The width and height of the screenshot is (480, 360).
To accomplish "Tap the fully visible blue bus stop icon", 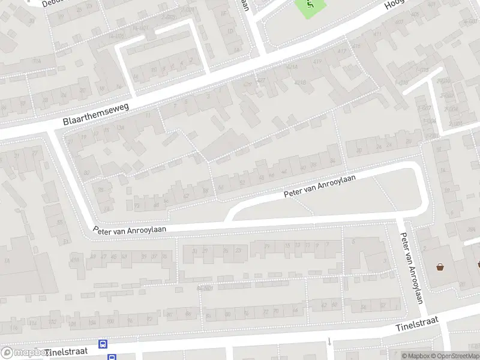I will tap(103, 344).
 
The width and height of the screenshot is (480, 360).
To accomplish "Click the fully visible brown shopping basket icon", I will tap(440, 267).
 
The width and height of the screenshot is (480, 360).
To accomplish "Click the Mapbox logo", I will tap(24, 353).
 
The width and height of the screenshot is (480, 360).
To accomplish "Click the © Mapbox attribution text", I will tap(415, 356).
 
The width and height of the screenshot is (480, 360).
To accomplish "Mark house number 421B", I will tap(301, 83).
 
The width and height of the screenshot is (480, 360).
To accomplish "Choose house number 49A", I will tap(75, 259).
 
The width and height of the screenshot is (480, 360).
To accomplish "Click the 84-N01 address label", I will tap(205, 289).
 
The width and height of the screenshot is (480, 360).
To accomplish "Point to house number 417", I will tap(343, 52).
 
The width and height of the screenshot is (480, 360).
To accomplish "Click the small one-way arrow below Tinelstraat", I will tap(329, 342).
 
